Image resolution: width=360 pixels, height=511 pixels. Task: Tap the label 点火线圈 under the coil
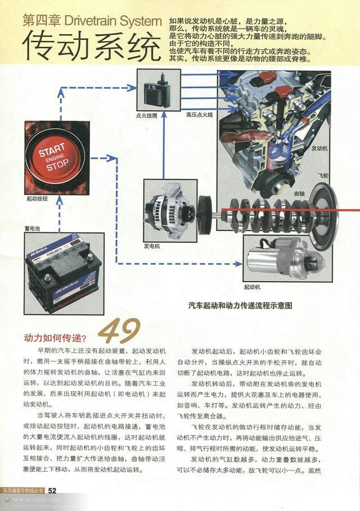coord(147,115)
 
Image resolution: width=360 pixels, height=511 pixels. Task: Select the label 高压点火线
coord(200,115)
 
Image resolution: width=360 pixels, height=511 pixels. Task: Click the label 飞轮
coord(322,175)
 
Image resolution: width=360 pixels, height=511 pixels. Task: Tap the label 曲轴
coord(299,193)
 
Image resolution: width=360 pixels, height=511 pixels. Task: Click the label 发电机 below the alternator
coord(152,246)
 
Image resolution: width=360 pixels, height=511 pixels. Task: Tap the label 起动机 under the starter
coord(252,287)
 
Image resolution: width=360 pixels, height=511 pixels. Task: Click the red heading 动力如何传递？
coord(55,338)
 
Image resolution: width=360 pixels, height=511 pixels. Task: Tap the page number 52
coord(52,490)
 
